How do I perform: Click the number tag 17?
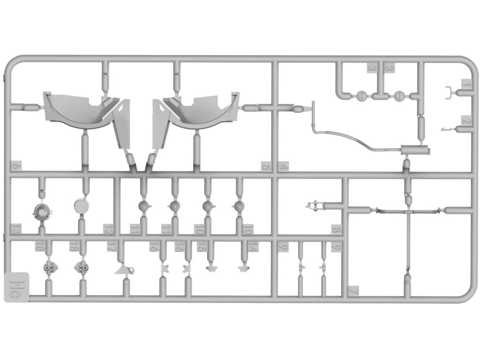pos(112,247)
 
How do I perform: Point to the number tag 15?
pos(202,247)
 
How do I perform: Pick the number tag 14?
pos(254,247)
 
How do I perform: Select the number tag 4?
pos(283,166)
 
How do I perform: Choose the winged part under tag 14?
pos(242,269)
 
